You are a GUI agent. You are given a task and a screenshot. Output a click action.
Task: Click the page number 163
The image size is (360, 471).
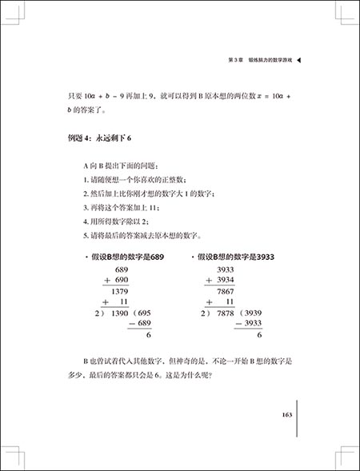tap(288, 415)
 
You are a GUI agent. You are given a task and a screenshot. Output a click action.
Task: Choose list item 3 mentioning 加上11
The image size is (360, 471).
tap(118, 207)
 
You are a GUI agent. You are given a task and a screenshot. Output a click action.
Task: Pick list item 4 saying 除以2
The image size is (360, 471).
tap(113, 222)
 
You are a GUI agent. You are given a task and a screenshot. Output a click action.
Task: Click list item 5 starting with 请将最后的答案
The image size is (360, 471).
tap(147, 236)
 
